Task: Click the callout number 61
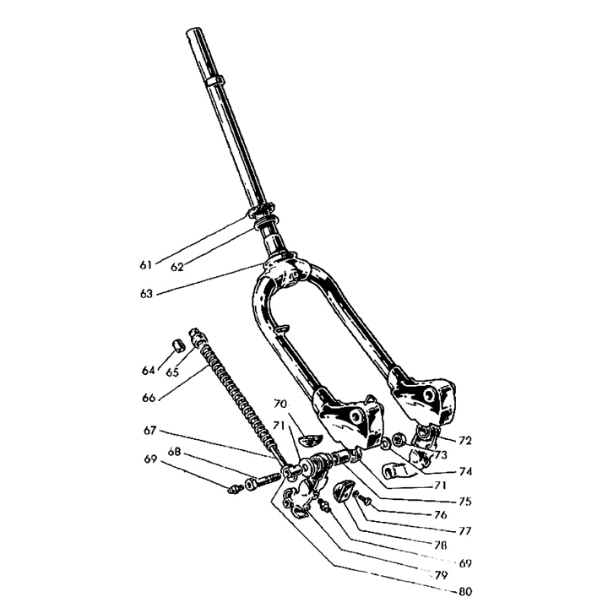[145, 264]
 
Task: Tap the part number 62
[176, 267]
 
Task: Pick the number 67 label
[148, 432]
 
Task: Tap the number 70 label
[280, 404]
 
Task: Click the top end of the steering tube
[192, 35]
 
